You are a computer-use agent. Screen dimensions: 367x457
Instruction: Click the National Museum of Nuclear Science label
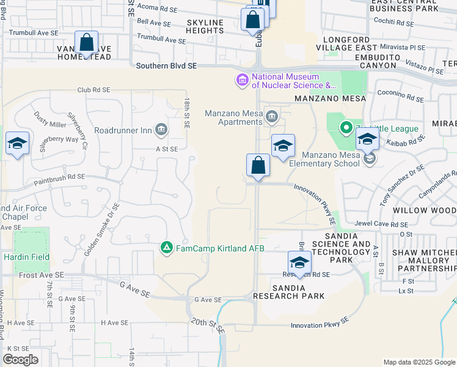[286, 81]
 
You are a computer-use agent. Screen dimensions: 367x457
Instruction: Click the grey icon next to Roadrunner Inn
[161, 129]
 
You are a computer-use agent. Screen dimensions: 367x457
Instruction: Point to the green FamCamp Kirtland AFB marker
[166, 248]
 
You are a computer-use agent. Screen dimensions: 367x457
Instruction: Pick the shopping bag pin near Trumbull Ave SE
[87, 43]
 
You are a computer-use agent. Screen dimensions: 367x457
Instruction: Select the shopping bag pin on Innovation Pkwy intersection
[258, 166]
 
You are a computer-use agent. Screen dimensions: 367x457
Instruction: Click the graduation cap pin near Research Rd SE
[299, 263]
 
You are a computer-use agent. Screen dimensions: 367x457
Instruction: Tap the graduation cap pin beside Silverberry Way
[17, 144]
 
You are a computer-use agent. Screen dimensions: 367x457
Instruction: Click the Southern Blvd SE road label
[167, 65]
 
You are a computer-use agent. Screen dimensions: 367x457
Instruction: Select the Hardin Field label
[26, 258]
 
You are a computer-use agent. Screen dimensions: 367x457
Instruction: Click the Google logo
[21, 360]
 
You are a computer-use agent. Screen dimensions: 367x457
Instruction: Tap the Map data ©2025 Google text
[419, 362]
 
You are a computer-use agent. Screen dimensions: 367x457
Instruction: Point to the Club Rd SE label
[93, 89]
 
